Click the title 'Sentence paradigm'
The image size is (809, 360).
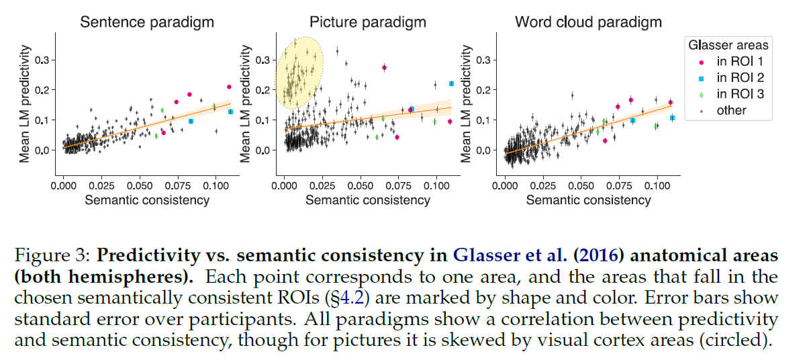[147, 21]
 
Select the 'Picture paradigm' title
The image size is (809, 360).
[368, 21]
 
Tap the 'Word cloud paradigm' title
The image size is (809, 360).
[588, 21]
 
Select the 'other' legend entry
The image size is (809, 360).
[731, 110]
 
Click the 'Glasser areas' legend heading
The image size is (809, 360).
[728, 45]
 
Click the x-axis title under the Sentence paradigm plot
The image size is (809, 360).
[148, 199]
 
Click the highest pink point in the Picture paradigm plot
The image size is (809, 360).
[384, 68]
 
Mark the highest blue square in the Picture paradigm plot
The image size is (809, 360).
[451, 83]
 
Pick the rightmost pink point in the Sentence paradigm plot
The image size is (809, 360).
[229, 87]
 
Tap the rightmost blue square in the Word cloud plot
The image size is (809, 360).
[672, 118]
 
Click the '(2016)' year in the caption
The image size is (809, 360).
[601, 255]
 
